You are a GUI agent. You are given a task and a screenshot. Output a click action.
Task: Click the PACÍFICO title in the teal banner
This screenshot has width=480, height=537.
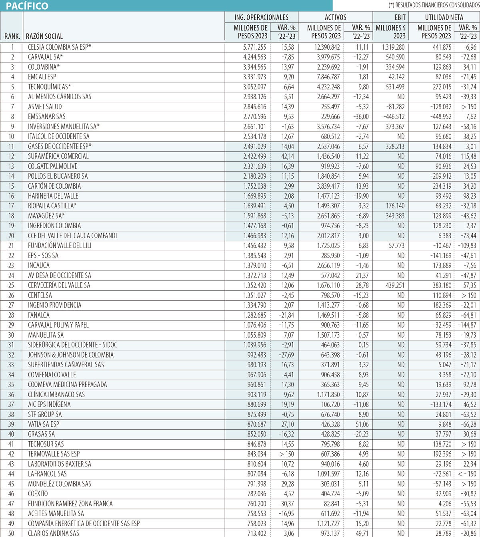pyautogui.click(x=27, y=6)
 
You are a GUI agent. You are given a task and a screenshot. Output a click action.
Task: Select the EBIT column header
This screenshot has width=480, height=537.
pyautogui.click(x=400, y=17)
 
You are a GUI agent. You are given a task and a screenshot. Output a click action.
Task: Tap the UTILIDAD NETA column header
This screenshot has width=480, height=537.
pyautogui.click(x=444, y=17)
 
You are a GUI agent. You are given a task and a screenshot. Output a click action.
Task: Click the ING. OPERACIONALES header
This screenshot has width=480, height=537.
pyautogui.click(x=261, y=17)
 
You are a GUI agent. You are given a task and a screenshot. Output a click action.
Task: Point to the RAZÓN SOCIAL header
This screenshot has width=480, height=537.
pyautogui.click(x=44, y=36)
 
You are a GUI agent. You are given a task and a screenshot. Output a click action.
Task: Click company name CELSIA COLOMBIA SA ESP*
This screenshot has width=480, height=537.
pyautogui.click(x=60, y=47)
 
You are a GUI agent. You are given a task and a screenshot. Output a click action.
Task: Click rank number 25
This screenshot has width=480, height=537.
pyautogui.click(x=11, y=285)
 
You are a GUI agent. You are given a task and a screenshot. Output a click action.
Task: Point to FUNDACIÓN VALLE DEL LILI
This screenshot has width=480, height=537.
pyautogui.click(x=60, y=245)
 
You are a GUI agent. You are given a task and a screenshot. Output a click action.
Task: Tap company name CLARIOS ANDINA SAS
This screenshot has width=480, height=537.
pyautogui.click(x=54, y=533)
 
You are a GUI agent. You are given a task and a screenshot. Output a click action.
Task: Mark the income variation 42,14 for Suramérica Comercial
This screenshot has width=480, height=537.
pyautogui.click(x=287, y=156)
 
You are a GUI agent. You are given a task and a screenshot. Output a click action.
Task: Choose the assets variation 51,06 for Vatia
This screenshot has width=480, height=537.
pyautogui.click(x=362, y=424)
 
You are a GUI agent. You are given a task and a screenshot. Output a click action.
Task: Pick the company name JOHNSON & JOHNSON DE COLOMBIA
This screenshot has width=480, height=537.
pyautogui.click(x=71, y=355)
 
